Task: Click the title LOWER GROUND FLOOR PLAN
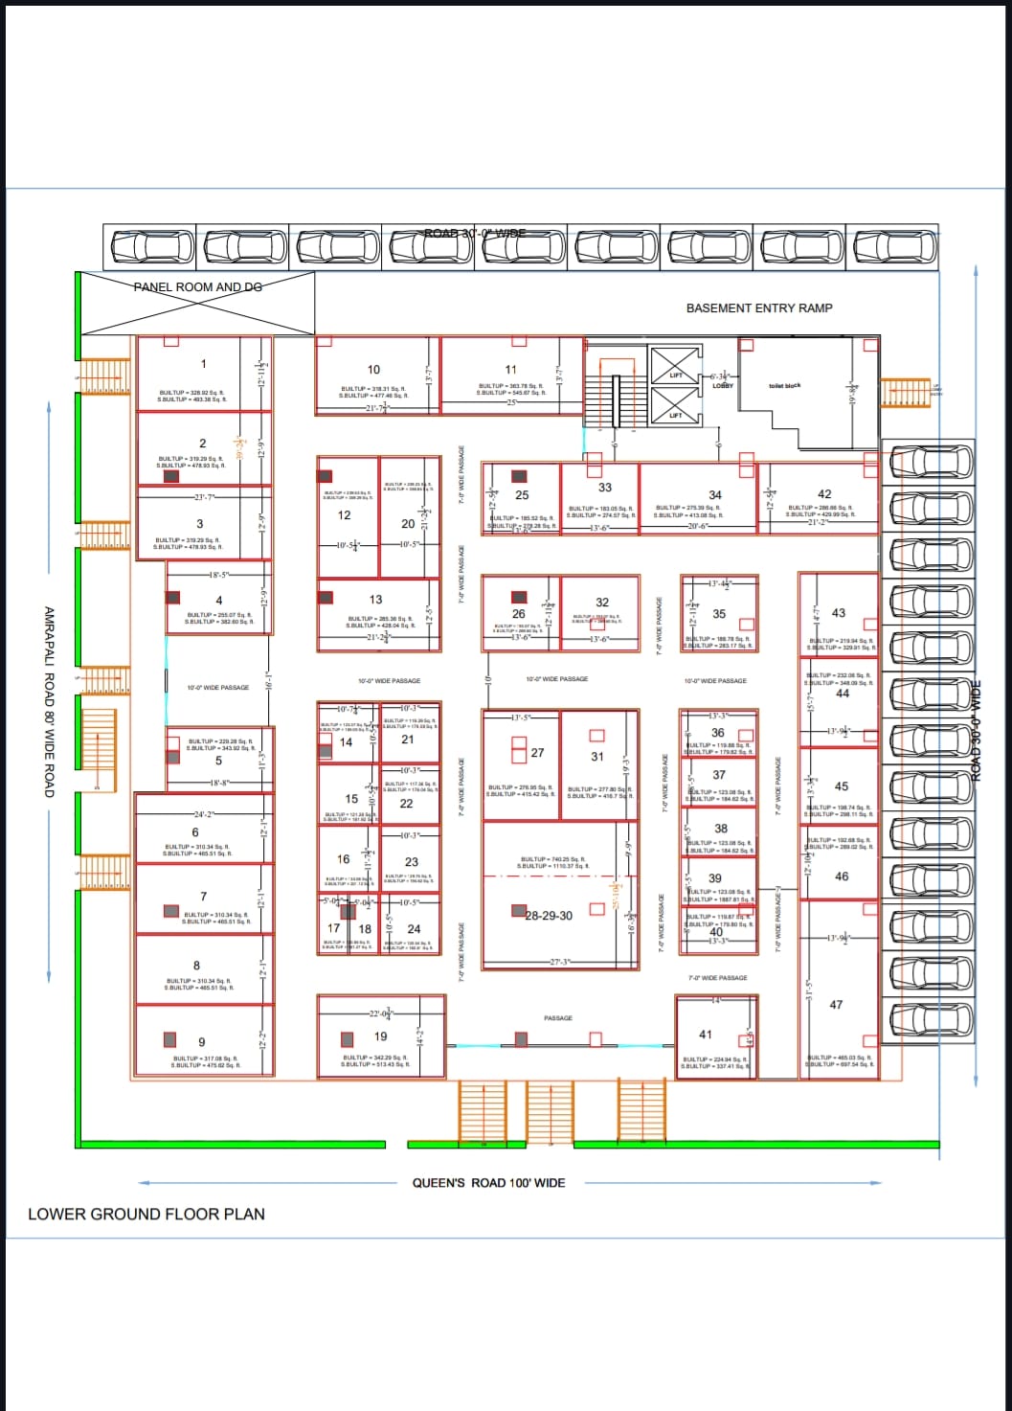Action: tap(146, 1214)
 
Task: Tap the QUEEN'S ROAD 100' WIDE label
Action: tap(488, 1183)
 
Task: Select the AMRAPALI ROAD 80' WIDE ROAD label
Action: tap(49, 702)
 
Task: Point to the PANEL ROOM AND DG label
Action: tap(197, 286)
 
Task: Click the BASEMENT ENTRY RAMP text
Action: tap(759, 307)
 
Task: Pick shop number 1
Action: tap(203, 363)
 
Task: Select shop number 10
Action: tap(373, 369)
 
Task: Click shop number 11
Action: tap(510, 369)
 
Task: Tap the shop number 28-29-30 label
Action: tap(549, 916)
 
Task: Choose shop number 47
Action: tap(836, 1005)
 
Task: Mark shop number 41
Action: tap(706, 1035)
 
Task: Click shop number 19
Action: tap(381, 1036)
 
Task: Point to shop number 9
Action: tap(201, 1042)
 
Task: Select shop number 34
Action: tap(715, 494)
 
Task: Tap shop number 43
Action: tap(839, 613)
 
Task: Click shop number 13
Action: tap(376, 600)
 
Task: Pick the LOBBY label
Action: tap(723, 385)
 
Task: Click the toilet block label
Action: tap(784, 385)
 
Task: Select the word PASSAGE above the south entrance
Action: tap(558, 1018)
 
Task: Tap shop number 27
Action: tap(537, 753)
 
